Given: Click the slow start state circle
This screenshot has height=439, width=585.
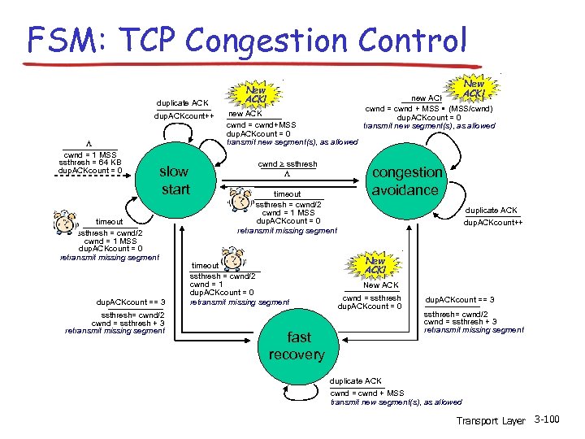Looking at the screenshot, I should click(174, 180).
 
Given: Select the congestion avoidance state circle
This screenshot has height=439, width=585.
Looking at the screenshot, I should click(405, 180).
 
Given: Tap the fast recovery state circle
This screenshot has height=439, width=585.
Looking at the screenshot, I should click(293, 346).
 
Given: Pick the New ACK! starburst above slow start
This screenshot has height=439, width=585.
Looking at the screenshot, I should click(254, 93).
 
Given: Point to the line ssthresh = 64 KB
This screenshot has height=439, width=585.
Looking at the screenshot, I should click(90, 163).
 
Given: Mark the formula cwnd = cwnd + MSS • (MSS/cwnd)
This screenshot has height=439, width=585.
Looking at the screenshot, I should click(428, 108).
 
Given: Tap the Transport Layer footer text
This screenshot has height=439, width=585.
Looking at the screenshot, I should click(491, 420).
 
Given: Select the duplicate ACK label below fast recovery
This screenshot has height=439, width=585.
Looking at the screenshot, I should click(355, 380).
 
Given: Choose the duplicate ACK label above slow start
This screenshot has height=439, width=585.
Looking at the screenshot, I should click(183, 103).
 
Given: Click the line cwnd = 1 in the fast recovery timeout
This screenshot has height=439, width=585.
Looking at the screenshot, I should click(206, 284).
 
